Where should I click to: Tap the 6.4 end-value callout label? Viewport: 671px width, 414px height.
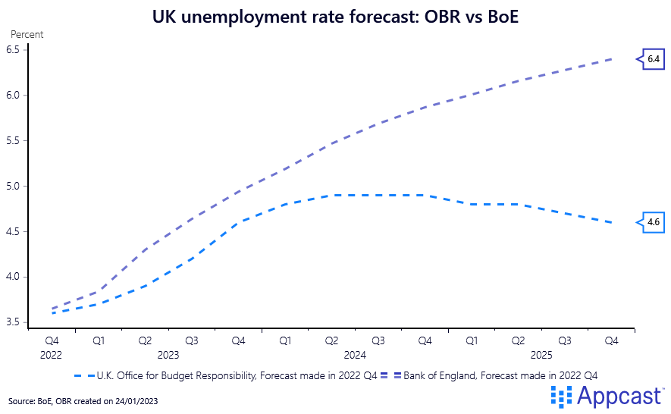[654, 58]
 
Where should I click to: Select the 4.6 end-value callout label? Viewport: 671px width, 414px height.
[654, 222]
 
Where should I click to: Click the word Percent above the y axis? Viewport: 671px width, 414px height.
[27, 34]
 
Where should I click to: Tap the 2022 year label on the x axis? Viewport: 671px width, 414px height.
[52, 354]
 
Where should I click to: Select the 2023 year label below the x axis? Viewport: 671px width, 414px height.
[168, 354]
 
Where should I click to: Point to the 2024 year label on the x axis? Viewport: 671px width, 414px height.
[355, 354]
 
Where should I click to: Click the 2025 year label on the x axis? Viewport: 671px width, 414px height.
[541, 354]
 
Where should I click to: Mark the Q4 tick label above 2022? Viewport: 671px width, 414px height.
[52, 341]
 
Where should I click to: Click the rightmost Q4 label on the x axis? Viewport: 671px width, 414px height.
[611, 341]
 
